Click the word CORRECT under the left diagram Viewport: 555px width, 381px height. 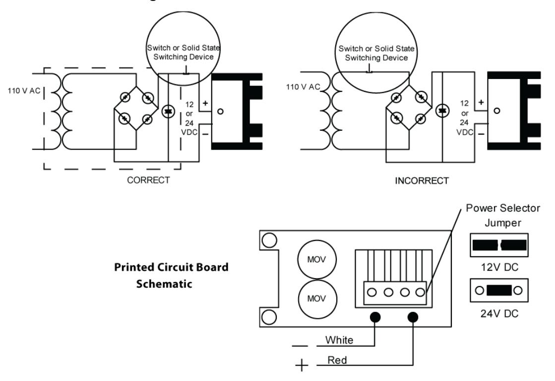point(148,180)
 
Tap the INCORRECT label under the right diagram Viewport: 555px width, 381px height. point(422,181)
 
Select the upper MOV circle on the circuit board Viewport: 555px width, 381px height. point(317,259)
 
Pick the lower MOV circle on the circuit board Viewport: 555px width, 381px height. point(317,299)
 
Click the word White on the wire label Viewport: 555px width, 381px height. point(339,340)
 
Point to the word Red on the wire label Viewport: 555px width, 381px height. point(337,360)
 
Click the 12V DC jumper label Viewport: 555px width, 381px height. point(499,267)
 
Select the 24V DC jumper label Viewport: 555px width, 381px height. point(499,313)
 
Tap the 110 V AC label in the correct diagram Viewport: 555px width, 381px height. point(24,91)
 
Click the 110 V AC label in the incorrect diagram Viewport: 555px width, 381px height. point(303,87)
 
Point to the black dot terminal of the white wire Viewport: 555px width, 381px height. point(375,317)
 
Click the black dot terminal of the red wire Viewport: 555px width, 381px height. point(413,317)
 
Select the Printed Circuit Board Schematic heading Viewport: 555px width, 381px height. point(171,275)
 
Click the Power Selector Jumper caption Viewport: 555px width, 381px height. point(503,215)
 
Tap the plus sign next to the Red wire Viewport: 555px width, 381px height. point(302,365)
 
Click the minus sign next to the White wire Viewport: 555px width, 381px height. point(300,346)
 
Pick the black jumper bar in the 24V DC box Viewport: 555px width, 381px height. point(499,290)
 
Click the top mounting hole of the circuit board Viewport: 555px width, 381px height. point(269,240)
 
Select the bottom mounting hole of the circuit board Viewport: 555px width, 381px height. point(269,317)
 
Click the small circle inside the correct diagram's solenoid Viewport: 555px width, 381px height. point(220,111)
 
